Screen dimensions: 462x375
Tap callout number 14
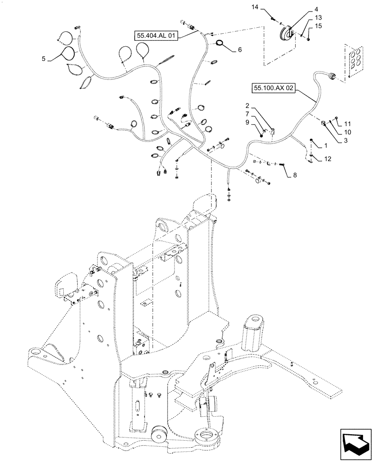coord(268,7)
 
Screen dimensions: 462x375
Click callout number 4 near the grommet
coord(303,8)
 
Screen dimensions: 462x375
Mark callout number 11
coord(348,124)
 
